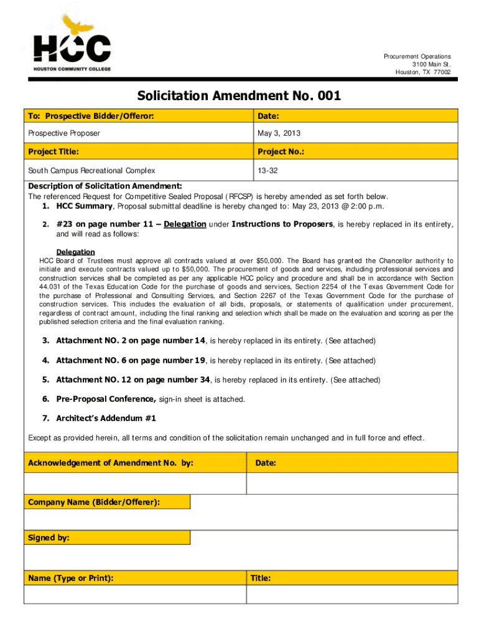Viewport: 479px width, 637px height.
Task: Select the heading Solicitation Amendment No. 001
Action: [x=239, y=96]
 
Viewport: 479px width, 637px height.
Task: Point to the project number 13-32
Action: [x=267, y=170]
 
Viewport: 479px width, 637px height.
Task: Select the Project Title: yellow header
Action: [x=53, y=152]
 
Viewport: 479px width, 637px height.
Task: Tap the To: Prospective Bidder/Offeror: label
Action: [x=91, y=116]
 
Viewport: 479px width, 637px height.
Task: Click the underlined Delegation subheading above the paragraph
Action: [x=76, y=252]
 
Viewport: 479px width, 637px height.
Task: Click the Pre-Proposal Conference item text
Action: [x=106, y=399]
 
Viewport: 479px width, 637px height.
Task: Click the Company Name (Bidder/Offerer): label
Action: [x=94, y=502]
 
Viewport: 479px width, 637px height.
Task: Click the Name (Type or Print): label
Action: [x=71, y=578]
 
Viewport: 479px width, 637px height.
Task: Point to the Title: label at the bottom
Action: [x=261, y=578]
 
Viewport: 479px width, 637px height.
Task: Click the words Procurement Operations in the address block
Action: [x=417, y=57]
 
